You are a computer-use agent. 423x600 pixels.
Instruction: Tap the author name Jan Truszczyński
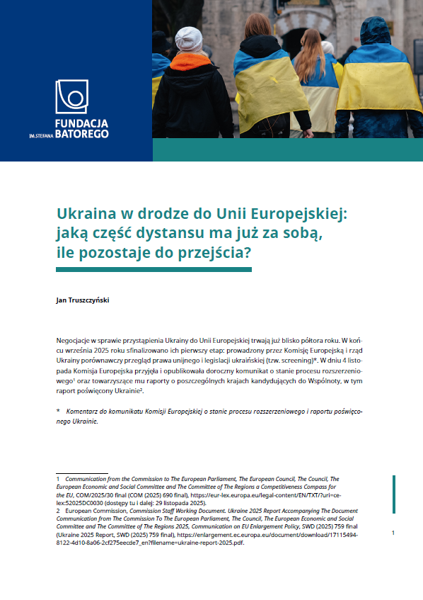click(83, 300)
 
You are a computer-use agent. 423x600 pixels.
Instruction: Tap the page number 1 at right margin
click(393, 533)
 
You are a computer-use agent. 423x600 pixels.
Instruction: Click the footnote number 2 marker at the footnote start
click(58, 510)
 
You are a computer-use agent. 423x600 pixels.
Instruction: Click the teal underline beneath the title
click(154, 269)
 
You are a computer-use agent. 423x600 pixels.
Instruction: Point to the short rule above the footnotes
click(81, 473)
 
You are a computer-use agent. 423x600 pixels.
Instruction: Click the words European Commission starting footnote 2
click(93, 510)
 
